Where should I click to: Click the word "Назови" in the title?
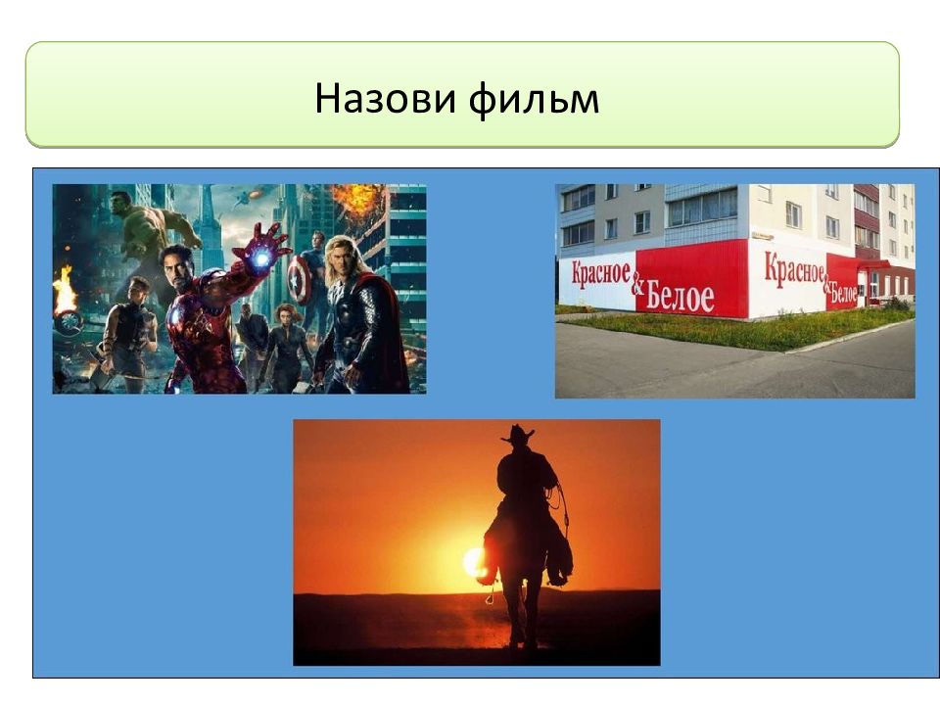[384, 98]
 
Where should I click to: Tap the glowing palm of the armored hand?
[260, 258]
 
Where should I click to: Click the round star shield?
[299, 279]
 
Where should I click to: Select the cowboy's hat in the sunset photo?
[517, 435]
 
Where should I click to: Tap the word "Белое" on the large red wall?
[680, 297]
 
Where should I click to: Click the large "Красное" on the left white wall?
[600, 274]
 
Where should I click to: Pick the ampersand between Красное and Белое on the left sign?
[637, 287]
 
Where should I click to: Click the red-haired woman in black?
[287, 349]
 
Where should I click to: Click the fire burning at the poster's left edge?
[65, 290]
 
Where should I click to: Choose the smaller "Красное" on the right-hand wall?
[794, 268]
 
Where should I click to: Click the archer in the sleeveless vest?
[129, 335]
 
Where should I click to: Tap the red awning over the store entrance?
[872, 264]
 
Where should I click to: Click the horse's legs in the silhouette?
[520, 611]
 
